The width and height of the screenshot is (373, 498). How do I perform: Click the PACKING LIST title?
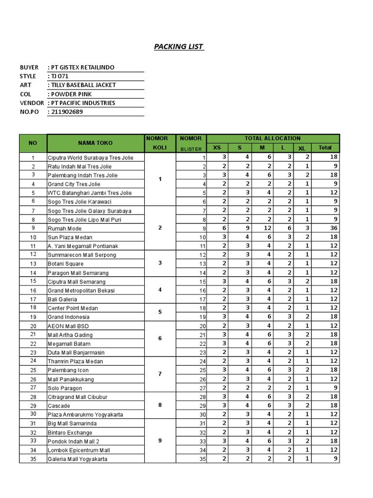pyautogui.click(x=179, y=47)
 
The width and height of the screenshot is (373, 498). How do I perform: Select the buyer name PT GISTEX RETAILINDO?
pyautogui.click(x=83, y=67)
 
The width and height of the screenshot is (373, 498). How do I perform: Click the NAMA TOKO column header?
pyautogui.click(x=95, y=143)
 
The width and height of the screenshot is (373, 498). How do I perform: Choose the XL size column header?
pyautogui.click(x=302, y=148)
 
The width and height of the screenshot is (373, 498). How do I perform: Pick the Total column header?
pyautogui.click(x=325, y=147)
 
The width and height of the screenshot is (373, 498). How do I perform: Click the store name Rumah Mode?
pyautogui.click(x=65, y=229)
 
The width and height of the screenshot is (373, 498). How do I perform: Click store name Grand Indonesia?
pyautogui.click(x=69, y=317)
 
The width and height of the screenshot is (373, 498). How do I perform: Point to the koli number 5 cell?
pyautogui.click(x=160, y=312)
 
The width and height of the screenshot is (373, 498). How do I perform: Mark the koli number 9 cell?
pyautogui.click(x=160, y=441)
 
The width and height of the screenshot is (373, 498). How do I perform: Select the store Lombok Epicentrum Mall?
pyautogui.click(x=79, y=450)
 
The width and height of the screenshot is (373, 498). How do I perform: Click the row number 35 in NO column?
pyautogui.click(x=33, y=459)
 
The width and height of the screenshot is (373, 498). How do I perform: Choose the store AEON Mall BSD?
pyautogui.click(x=68, y=326)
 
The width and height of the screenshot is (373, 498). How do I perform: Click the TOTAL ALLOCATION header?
pyautogui.click(x=272, y=139)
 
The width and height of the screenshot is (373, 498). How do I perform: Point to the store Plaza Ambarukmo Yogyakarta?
pyautogui.click(x=85, y=415)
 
